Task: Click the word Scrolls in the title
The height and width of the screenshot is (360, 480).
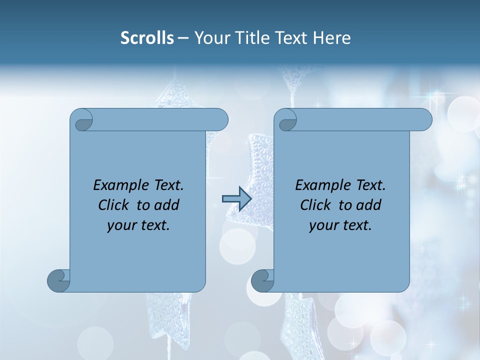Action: (147, 38)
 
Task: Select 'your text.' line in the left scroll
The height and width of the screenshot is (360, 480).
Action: (138, 225)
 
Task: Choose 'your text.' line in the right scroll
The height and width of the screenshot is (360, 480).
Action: (340, 225)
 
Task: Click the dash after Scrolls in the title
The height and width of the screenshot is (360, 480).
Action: (183, 38)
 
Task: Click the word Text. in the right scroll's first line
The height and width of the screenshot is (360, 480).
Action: (370, 185)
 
